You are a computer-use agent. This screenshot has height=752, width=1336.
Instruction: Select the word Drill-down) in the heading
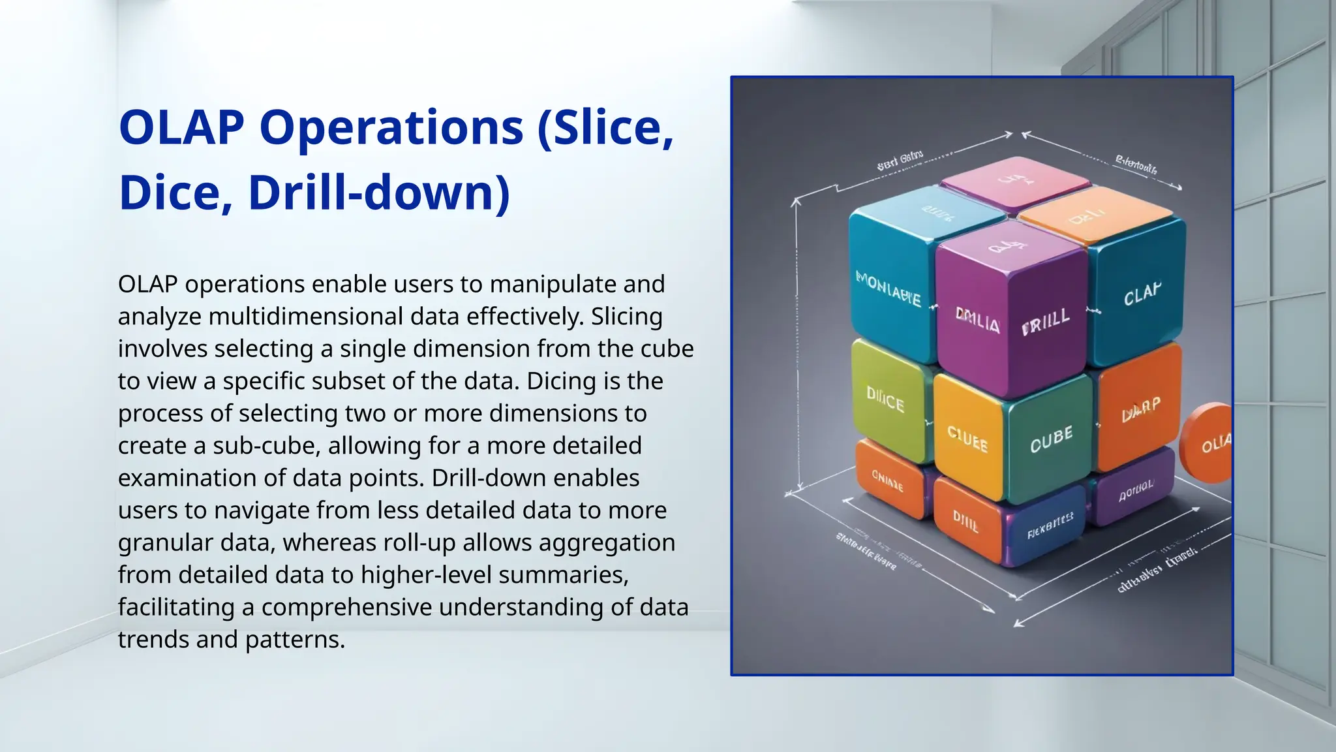point(378,193)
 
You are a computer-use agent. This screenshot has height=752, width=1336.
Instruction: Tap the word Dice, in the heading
point(175,193)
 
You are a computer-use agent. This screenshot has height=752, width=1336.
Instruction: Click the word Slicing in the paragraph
point(626,317)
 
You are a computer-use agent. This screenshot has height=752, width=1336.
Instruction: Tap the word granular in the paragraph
point(165,542)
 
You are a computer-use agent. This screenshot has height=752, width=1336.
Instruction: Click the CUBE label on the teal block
point(1051,439)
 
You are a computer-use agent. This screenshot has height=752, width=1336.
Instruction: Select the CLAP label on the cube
point(1142,294)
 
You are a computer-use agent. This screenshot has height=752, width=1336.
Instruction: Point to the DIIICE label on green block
point(885,399)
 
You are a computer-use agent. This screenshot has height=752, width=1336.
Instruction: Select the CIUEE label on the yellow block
point(967,439)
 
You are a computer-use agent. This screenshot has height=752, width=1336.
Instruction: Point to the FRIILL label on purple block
point(1046,321)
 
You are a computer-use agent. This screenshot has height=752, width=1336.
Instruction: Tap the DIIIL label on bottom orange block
point(965,522)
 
